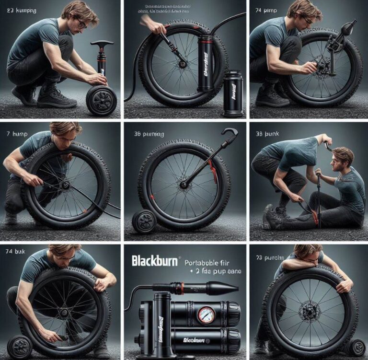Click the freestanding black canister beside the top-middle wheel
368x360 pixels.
point(233,93)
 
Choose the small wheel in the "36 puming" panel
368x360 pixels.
point(144,221)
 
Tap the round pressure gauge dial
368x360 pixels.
point(207,315)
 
